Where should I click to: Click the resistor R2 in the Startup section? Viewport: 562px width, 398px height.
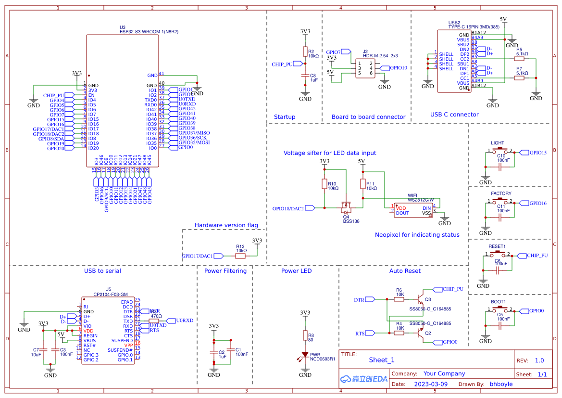coord(305,51)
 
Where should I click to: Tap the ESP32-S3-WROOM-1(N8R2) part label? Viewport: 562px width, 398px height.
coord(149,32)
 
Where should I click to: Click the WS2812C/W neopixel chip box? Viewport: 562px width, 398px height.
coord(413,210)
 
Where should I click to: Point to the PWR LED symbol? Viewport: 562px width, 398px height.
coord(305,355)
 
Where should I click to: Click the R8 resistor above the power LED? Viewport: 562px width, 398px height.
coord(305,335)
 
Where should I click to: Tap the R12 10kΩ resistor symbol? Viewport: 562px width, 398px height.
coord(240,256)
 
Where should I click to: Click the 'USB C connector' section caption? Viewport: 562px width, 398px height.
coord(454,115)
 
